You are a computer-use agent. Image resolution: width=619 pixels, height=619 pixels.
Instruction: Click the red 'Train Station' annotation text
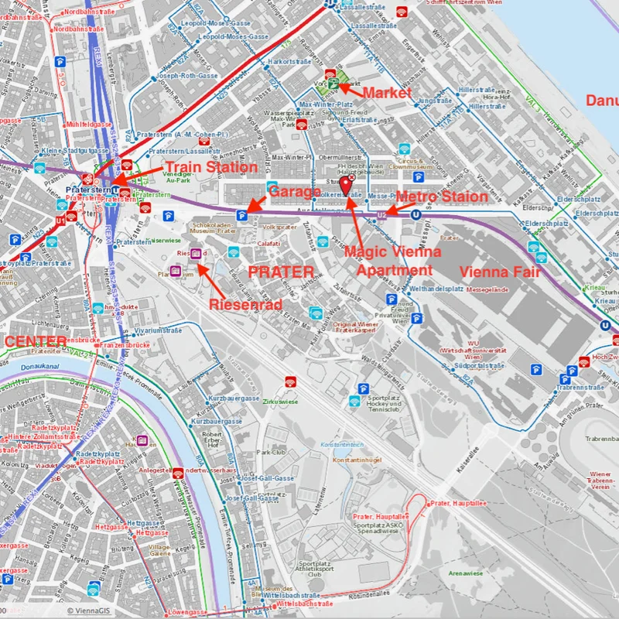(211, 167)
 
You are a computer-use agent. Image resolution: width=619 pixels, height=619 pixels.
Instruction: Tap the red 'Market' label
(388, 93)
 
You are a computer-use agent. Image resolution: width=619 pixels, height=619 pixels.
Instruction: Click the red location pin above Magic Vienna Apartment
(346, 185)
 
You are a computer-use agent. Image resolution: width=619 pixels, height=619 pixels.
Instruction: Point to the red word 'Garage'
(295, 191)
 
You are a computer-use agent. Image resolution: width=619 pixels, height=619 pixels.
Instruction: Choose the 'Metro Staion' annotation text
(442, 197)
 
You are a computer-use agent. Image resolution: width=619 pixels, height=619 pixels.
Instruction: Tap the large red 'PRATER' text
(281, 272)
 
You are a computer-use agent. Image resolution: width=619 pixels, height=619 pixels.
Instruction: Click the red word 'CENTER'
(35, 341)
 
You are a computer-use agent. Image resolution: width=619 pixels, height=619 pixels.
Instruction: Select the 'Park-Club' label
(272, 451)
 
